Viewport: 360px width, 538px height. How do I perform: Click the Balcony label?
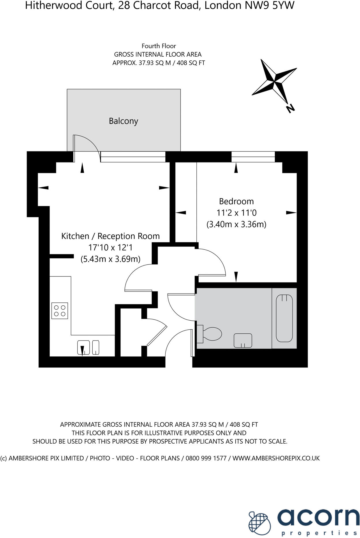[123, 121]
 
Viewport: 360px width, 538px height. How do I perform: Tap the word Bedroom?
[236, 201]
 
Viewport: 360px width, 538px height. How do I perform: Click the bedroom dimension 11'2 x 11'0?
[236, 213]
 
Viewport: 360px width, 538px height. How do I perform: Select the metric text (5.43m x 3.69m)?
[110, 259]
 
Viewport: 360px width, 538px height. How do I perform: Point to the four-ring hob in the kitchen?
[60, 311]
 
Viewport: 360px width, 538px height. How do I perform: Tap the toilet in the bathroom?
[211, 334]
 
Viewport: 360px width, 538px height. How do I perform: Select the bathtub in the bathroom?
[284, 318]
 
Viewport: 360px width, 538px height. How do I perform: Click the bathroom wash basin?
[243, 341]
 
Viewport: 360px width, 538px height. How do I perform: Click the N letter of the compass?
[290, 109]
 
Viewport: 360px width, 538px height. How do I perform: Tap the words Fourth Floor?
[159, 46]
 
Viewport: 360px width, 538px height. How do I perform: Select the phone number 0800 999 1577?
[206, 458]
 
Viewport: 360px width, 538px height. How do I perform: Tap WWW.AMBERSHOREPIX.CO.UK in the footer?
[276, 458]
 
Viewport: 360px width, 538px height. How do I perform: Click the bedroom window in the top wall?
[253, 157]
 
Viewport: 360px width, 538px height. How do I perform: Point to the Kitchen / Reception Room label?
[110, 236]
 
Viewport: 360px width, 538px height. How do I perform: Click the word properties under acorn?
[319, 533]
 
